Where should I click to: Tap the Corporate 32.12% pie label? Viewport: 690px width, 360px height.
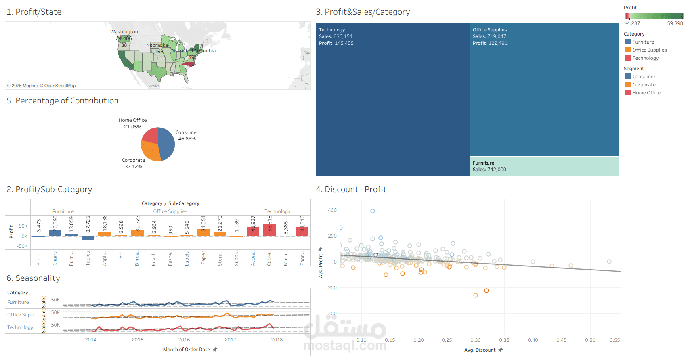tap(133, 163)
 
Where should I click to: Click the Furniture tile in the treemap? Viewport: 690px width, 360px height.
tap(544, 166)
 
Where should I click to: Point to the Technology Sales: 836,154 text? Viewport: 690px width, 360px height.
tap(336, 36)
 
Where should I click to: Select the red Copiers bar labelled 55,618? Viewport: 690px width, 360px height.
tap(269, 230)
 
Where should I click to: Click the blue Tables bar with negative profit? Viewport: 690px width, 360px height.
tap(88, 238)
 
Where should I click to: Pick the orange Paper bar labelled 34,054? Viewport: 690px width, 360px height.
tap(203, 233)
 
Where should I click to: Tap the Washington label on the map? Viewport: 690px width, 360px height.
tap(124, 32)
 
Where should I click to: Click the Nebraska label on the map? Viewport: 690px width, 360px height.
tap(157, 45)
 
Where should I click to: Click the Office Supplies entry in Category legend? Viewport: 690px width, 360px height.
tap(649, 50)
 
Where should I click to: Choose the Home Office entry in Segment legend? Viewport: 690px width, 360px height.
tap(646, 93)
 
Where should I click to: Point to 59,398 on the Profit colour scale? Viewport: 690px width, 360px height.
tap(675, 23)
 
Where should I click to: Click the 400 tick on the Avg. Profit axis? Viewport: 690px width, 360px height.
tap(332, 210)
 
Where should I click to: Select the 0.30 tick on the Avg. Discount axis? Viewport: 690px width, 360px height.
tap(476, 340)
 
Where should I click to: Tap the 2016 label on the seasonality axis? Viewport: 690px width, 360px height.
tap(184, 340)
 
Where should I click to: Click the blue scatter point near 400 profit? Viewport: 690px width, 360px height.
tap(373, 211)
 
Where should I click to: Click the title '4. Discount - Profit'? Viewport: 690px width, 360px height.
tap(351, 189)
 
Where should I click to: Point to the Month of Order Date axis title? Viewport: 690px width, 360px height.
tap(187, 350)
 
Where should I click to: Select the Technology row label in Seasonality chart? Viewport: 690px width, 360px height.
tap(20, 327)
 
